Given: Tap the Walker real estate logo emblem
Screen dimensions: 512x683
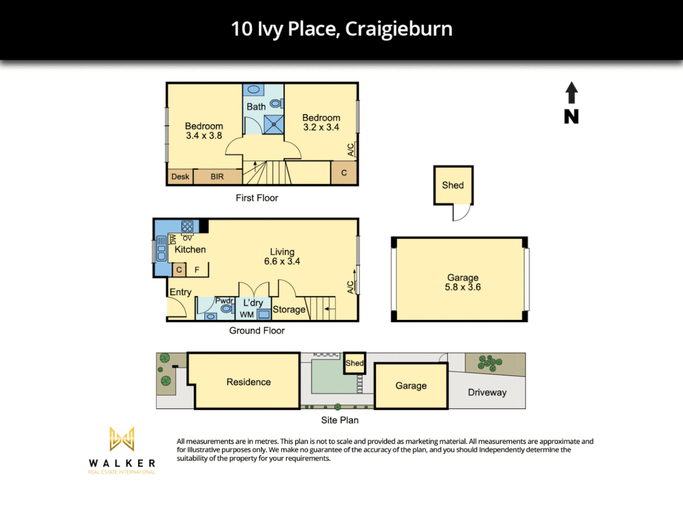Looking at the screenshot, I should click(122, 439).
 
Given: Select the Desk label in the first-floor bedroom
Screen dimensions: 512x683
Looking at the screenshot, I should click(180, 177).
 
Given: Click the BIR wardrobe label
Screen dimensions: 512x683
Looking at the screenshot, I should click(217, 177).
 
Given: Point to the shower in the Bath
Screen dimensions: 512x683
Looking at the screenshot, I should click(274, 125).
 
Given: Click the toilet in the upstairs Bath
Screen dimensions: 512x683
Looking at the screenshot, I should click(276, 103).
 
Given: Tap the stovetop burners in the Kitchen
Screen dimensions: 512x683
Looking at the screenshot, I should click(187, 226).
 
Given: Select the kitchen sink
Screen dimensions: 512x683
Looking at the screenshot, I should click(161, 249).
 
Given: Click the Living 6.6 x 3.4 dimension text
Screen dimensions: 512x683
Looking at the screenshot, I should click(282, 261).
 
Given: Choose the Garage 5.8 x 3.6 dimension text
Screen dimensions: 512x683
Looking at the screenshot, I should click(462, 287).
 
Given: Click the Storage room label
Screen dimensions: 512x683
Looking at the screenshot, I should click(289, 310).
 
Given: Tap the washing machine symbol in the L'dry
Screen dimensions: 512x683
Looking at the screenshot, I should click(264, 314).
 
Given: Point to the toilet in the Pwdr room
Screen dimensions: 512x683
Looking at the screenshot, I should click(226, 309).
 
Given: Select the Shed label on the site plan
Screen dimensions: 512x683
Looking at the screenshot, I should click(354, 363).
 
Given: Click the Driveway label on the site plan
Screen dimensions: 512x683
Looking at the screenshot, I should click(487, 393).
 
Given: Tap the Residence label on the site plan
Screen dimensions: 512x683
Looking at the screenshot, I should click(249, 382).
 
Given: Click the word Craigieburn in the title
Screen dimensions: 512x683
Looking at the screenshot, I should click(398, 29).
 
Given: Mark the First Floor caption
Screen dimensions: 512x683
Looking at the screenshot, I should click(257, 198).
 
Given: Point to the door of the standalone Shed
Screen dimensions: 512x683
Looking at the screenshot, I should click(461, 213).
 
